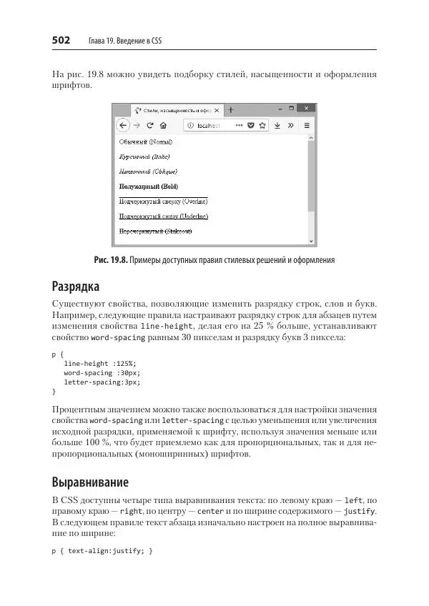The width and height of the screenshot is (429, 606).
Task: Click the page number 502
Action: tap(61, 41)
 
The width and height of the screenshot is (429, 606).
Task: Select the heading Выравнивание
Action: tap(90, 481)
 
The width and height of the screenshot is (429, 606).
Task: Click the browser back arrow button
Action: tap(123, 125)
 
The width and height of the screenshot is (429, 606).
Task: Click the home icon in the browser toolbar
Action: tap(164, 125)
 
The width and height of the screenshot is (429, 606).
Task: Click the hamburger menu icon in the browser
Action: tap(307, 125)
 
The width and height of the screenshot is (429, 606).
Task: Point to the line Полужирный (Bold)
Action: tap(149, 187)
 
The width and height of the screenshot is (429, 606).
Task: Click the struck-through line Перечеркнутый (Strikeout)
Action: tap(156, 232)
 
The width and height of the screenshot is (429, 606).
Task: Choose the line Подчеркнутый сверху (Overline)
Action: tap(163, 202)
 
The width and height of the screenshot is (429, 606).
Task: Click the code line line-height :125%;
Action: tap(99, 363)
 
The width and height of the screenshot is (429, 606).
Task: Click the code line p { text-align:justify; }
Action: tap(102, 552)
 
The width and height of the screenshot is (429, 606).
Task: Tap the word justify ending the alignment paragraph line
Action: tap(360, 512)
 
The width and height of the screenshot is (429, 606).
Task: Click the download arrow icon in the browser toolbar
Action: tap(277, 125)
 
